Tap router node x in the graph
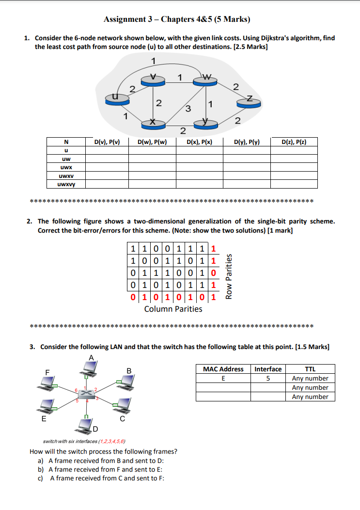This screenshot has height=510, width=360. [x=153, y=124]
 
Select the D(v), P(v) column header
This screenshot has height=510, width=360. [x=107, y=142]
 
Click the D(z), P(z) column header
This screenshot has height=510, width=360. [x=294, y=142]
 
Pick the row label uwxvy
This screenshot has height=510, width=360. [x=65, y=184]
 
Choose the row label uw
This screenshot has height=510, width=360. [x=65, y=159]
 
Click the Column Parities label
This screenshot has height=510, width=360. [x=173, y=309]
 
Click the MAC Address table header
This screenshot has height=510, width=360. [x=223, y=369]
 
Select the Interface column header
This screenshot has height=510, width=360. [x=268, y=369]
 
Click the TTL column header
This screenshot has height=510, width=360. [x=310, y=369]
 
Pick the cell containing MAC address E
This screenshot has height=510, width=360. [x=223, y=378]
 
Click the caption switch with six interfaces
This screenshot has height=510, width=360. [x=85, y=441]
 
